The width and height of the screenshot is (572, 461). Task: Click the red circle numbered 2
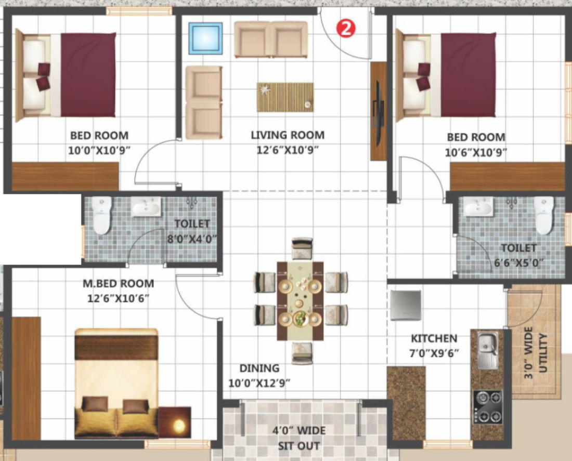[x=345, y=28]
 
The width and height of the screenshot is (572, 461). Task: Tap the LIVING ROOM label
[x=288, y=135]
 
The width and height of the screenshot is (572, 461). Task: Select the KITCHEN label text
[x=434, y=338]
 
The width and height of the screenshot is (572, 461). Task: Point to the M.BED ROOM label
[x=118, y=283]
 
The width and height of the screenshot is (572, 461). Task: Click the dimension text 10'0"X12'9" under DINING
[x=259, y=384]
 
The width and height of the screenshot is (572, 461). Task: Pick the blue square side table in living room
[x=205, y=38]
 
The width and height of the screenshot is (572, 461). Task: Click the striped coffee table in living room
[x=285, y=97]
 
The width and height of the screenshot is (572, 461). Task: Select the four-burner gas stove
[x=488, y=406]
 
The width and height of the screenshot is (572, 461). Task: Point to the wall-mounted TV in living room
[x=377, y=111]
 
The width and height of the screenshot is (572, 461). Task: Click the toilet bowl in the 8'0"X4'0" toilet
[x=101, y=216]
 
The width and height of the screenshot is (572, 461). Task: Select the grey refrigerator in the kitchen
[x=405, y=305]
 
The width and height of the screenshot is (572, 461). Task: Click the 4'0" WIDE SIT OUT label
[x=299, y=438]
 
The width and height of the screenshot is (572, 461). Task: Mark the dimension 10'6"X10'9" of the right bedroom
[x=476, y=152]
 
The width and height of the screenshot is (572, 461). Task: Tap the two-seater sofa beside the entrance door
[x=271, y=39]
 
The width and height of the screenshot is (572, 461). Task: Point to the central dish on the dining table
[x=300, y=319]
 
